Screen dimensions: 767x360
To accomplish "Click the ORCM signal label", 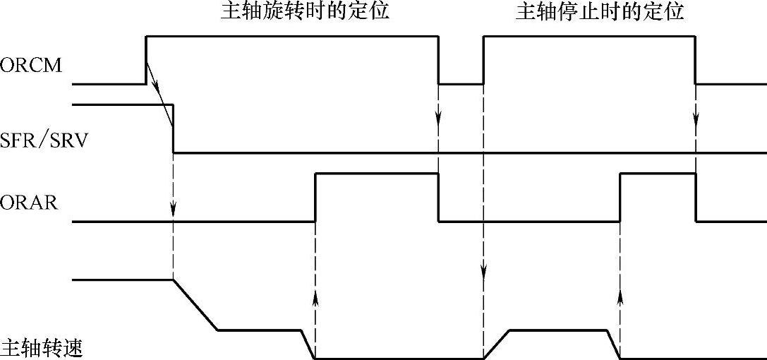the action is pyautogui.click(x=32, y=67).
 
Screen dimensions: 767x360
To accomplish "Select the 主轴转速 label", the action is pyautogui.click(x=42, y=348).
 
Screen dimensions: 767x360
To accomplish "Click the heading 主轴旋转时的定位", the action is pyautogui.click(x=304, y=12).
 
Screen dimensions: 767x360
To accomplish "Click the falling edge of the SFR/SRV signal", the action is pyautogui.click(x=173, y=128).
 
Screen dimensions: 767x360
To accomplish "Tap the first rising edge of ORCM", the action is pyautogui.click(x=146, y=59).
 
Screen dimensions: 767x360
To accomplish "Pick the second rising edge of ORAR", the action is pyautogui.click(x=620, y=198).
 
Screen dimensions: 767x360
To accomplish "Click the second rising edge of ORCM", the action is pyautogui.click(x=483, y=59).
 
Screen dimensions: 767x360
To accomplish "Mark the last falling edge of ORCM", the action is pyautogui.click(x=696, y=59).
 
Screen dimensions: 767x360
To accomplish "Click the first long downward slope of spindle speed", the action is pyautogui.click(x=195, y=305).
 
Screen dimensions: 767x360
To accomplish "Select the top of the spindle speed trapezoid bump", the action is pyautogui.click(x=557, y=330).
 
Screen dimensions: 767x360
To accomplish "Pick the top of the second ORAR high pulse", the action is pyautogui.click(x=658, y=174).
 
